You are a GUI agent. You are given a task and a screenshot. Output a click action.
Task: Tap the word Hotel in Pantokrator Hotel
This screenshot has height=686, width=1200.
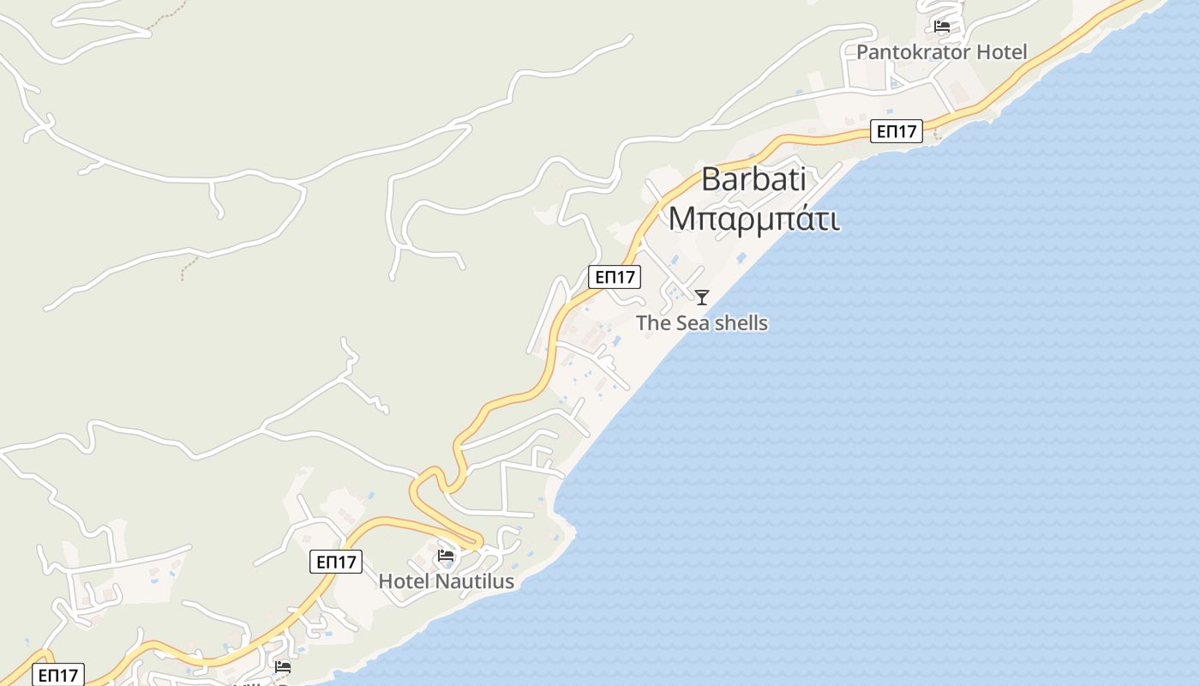[999, 51]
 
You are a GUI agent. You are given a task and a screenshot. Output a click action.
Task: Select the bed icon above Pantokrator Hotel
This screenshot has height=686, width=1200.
[942, 26]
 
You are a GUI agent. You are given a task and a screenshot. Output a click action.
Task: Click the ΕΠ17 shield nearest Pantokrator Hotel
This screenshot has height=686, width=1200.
[897, 131]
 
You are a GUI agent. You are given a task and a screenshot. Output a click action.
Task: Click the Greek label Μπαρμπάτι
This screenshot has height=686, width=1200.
[753, 218]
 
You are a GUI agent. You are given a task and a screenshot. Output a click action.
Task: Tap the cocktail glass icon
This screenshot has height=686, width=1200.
[702, 298]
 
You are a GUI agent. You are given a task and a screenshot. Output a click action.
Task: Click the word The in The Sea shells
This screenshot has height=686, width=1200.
[653, 323]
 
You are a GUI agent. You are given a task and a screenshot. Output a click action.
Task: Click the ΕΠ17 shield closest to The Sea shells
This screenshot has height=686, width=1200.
[615, 277]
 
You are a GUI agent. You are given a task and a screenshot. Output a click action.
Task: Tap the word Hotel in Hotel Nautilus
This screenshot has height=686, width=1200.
[405, 581]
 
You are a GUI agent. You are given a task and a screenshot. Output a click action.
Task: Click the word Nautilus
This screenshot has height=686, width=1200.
[475, 581]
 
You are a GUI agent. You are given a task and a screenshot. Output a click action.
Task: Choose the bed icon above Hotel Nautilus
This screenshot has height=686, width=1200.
[446, 556]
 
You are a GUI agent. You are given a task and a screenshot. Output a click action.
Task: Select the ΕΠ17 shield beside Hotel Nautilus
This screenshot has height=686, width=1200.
[336, 562]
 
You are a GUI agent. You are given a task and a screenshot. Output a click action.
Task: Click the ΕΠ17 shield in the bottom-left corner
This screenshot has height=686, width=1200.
[58, 675]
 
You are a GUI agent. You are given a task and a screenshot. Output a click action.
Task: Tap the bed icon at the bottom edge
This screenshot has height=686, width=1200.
[283, 666]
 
